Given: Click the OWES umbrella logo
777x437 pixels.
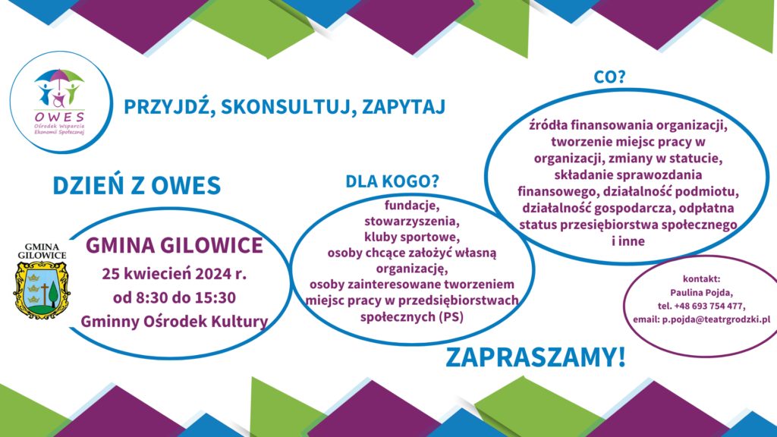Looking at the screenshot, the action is coord(59,102).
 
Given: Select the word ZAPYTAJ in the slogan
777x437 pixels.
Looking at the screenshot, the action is coord(404,107).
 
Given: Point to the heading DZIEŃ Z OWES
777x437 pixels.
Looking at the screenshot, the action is coord(137,185).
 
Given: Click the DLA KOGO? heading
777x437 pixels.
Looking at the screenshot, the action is coord(392,181).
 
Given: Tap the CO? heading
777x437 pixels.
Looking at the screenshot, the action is coord(609,77).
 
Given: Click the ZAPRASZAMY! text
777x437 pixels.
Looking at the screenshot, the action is coord(536,357).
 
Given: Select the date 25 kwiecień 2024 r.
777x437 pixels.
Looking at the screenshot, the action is coord(175,274).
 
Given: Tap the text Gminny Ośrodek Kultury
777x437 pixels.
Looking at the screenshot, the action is coord(175,322).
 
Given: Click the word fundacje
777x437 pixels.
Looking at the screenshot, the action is coord(412,204).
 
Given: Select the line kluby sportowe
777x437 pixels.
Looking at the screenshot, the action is coord(412,237).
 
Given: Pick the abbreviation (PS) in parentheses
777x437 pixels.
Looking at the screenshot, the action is coord(451,316).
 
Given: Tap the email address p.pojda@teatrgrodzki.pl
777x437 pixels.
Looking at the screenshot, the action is coord(716,319).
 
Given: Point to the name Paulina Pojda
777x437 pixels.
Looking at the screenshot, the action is coord(701,293).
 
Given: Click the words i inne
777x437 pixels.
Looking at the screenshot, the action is coord(628,241).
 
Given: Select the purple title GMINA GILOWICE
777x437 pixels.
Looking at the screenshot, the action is coord(175,246).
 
